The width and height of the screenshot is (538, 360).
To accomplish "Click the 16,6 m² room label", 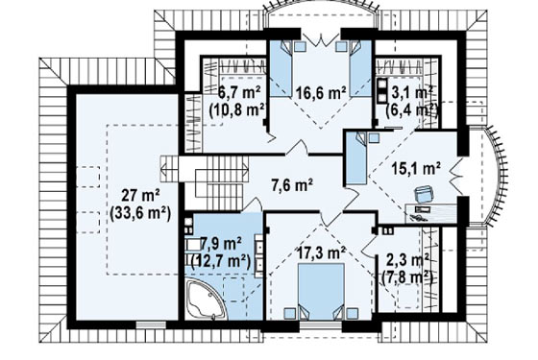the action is tap(320, 92).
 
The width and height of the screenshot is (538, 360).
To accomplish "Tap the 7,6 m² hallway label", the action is tap(292, 185).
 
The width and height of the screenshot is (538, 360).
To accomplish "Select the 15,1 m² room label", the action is tap(416, 168).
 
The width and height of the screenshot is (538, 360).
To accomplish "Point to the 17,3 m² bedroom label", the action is tap(321, 253).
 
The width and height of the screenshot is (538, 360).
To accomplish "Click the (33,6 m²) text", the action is tap(140, 214).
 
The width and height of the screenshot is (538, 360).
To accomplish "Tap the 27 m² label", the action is tap(140, 197).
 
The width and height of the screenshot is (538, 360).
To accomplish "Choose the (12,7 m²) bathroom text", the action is tap(220, 261).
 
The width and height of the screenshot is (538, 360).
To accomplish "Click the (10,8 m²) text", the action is tap(238, 109).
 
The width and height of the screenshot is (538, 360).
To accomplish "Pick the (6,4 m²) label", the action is tap(412, 109).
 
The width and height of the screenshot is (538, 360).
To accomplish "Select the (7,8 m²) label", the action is tap(407, 276).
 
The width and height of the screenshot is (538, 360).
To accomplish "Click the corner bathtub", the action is tap(206, 300).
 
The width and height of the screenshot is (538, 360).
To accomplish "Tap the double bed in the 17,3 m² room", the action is tap(321, 292).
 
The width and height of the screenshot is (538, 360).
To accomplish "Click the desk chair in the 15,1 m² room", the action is tap(424, 194).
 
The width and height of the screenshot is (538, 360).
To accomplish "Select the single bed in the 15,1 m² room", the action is tap(356, 158).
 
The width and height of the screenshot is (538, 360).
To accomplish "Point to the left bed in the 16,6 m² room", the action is tap(281, 68).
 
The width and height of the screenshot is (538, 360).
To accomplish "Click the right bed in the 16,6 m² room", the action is tap(361, 68).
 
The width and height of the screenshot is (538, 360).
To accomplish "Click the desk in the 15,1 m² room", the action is tap(431, 213).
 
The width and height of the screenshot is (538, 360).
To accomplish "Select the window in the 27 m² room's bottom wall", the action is tap(151, 324).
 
